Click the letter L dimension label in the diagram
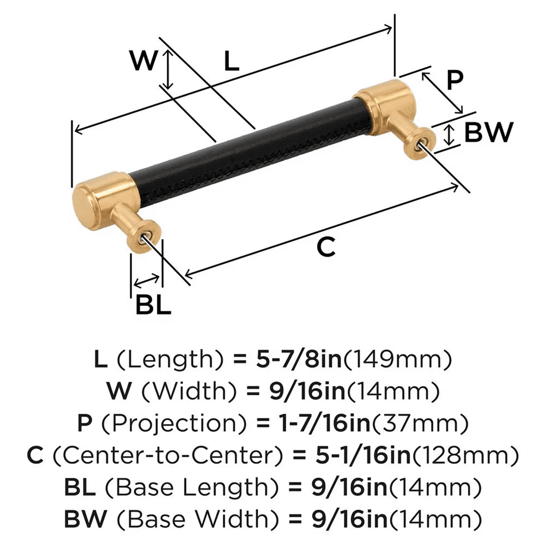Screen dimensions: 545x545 tap(232, 62)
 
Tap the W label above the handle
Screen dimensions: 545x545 tap(143, 62)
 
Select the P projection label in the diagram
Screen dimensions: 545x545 tap(454, 80)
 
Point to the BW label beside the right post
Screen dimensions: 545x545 tap(488, 132)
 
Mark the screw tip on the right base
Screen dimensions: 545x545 tap(421, 142)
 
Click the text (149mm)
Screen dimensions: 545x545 tap(399, 359)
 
